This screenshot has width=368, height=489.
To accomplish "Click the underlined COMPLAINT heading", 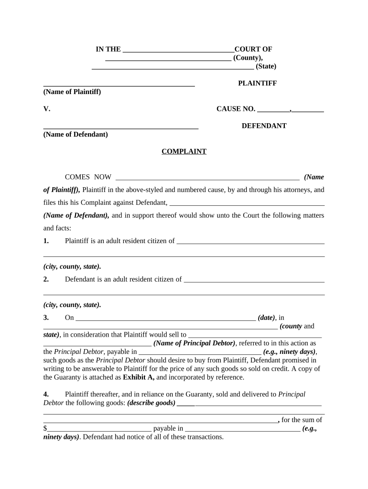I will tap(184, 151).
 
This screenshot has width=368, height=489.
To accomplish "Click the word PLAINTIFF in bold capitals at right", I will tap(258, 83).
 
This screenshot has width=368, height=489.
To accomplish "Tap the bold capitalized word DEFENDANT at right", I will tap(264, 126).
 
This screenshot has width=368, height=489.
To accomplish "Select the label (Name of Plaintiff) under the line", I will tap(72, 92).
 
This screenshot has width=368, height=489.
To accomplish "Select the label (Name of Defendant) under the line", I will tap(76, 134).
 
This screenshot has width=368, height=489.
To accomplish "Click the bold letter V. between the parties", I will tap(47, 109).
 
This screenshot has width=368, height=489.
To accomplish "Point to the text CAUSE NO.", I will tap(236, 109).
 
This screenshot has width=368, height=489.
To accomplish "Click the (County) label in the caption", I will tap(248, 58).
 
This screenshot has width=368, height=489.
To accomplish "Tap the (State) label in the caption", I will tap(266, 66).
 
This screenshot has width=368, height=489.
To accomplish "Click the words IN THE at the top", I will tap(108, 49).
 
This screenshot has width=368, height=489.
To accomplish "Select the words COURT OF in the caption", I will tap(253, 49).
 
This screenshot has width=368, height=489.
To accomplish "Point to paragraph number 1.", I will tap(46, 241).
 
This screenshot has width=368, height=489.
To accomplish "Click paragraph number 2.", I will tap(46, 279).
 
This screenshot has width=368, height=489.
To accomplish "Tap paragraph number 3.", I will tap(46, 318).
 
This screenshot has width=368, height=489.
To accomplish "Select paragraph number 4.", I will tap(46, 394).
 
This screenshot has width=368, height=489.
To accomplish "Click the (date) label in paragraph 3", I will tap(266, 318).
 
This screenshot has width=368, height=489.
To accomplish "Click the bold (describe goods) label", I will tap(151, 403).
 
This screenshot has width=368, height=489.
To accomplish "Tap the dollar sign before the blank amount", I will tap(45, 429).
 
